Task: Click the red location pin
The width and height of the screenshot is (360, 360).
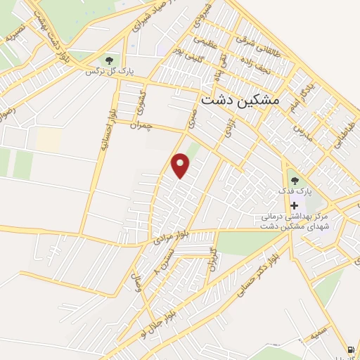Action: pyautogui.click(x=181, y=165)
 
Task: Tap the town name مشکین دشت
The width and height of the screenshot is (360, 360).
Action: pyautogui.click(x=240, y=101)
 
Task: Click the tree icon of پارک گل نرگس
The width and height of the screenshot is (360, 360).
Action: pyautogui.click(x=108, y=60)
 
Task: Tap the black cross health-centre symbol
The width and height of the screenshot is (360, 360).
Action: pyautogui.click(x=293, y=205)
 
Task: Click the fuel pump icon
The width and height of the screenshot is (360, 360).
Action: pyautogui.click(x=350, y=349)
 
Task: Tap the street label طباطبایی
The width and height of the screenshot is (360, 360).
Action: pyautogui.click(x=342, y=126)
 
